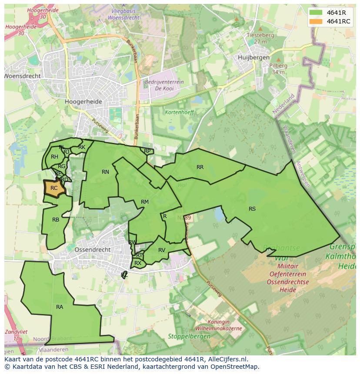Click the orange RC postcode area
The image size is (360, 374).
[x=54, y=189]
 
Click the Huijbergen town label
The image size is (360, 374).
[x=253, y=57]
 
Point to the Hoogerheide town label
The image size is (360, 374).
[x=83, y=102]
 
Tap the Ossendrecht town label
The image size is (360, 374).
[x=93, y=250]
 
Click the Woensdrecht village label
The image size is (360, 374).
[x=23, y=76]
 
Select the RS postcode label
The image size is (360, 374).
[x=252, y=209]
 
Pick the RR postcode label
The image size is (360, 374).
[x=200, y=167]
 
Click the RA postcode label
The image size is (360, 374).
[x=60, y=307]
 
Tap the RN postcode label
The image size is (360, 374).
[x=105, y=172]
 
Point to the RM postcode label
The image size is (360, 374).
[x=145, y=202]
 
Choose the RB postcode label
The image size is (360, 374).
[x=56, y=220]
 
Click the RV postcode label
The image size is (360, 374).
[x=162, y=250]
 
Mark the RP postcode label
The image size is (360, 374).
[x=147, y=151]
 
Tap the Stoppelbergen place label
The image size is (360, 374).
[x=187, y=336]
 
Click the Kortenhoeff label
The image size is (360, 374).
[x=180, y=112]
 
